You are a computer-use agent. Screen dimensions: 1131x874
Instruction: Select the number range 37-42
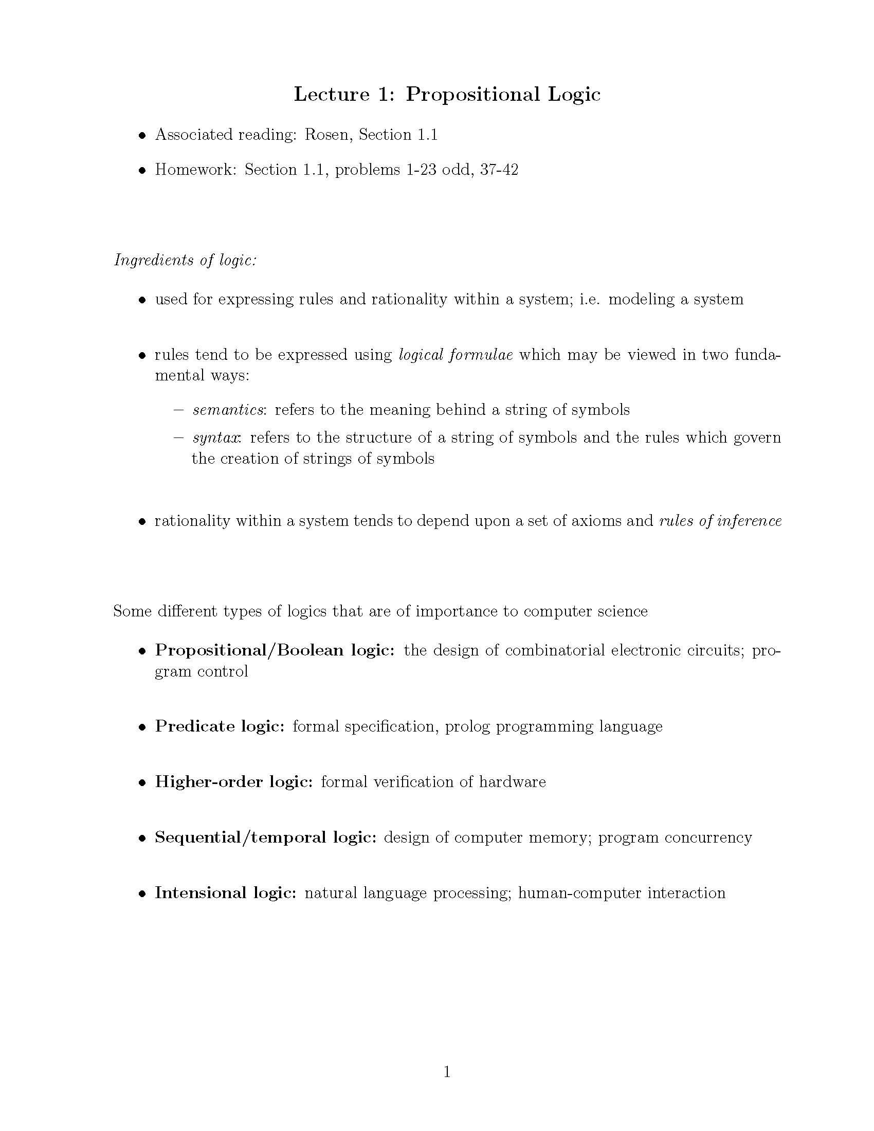(499, 170)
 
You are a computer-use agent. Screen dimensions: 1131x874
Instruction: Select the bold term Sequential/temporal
(240, 837)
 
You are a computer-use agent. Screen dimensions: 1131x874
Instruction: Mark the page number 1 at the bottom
(447, 1072)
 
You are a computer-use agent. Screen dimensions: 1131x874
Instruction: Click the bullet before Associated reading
(142, 136)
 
